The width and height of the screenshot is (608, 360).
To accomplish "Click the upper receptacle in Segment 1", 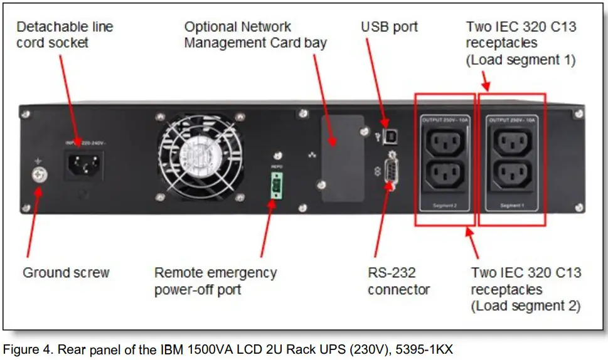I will (512, 144).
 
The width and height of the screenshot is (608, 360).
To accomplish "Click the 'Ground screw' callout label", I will (66, 273).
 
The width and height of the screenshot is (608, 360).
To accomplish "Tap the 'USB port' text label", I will (389, 27).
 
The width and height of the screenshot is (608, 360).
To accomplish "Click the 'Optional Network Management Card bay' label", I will (255, 35).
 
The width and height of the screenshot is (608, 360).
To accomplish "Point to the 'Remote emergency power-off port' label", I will (215, 281).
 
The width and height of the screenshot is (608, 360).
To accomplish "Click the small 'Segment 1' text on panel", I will (512, 206).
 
